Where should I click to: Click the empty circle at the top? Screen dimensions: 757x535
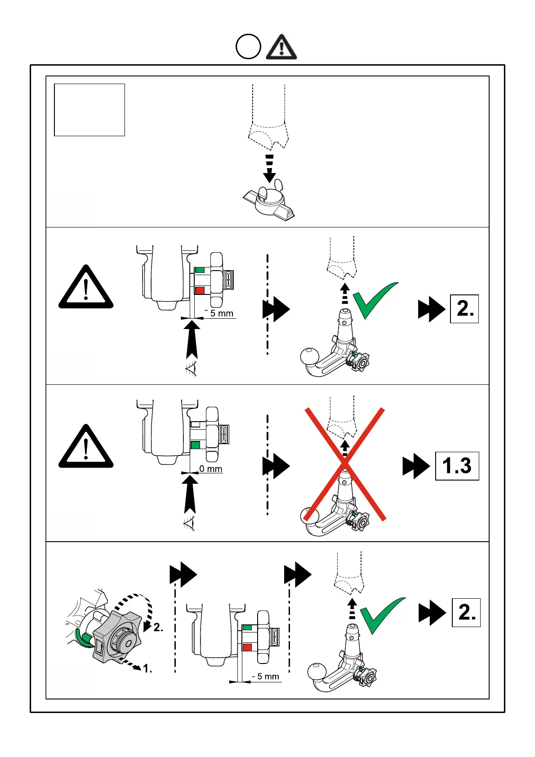point(248,47)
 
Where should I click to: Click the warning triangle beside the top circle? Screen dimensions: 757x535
point(281,48)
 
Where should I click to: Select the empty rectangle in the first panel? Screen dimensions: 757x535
point(89,110)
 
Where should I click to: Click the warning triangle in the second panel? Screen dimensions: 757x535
point(86,288)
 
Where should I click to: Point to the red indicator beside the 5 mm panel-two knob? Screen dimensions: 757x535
point(200,290)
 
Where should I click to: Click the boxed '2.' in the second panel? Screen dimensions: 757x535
point(464,309)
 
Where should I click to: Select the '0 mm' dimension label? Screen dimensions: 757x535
point(211,469)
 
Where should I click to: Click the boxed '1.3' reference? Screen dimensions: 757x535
point(457,466)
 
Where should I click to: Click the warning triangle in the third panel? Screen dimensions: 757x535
point(86,448)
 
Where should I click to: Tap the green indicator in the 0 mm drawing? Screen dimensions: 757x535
point(195,445)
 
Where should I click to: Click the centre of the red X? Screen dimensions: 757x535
point(345,464)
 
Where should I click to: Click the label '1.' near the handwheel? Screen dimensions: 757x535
point(147,669)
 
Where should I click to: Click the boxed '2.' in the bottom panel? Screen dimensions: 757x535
point(466,613)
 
